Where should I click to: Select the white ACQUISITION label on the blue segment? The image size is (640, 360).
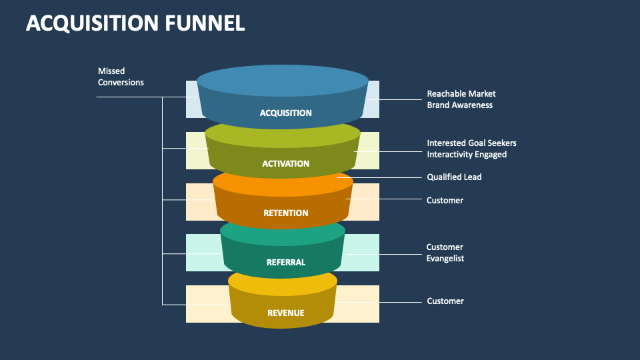pos(285,113)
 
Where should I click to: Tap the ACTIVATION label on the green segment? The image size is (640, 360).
pos(285,163)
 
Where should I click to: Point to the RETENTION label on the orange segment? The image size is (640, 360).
pos(285,213)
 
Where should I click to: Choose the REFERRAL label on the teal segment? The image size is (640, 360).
pos(285,262)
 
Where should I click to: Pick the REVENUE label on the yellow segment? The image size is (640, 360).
pos(285,313)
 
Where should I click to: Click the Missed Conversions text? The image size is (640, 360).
pos(121,77)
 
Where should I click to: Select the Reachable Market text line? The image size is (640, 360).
pos(461,94)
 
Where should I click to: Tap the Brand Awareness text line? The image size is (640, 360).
pos(460,105)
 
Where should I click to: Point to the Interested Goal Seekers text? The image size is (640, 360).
pos(471,143)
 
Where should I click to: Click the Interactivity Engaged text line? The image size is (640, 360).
pos(467,154)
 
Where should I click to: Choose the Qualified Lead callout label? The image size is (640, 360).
pos(454,177)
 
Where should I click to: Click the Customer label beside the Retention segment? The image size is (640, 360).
pos(445,200)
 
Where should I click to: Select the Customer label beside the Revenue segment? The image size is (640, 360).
pos(445,301)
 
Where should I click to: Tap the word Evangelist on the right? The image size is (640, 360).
pos(445,259)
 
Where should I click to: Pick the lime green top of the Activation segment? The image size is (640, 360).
pos(283,134)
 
